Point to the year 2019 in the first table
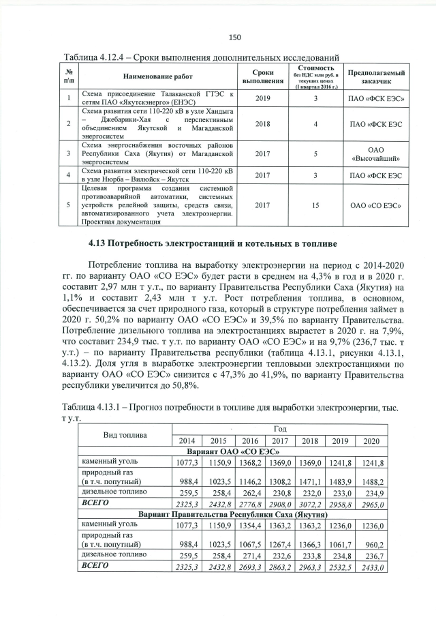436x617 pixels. pyautogui.click(x=262, y=97)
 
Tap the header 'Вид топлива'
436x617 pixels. pyautogui.click(x=121, y=434)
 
